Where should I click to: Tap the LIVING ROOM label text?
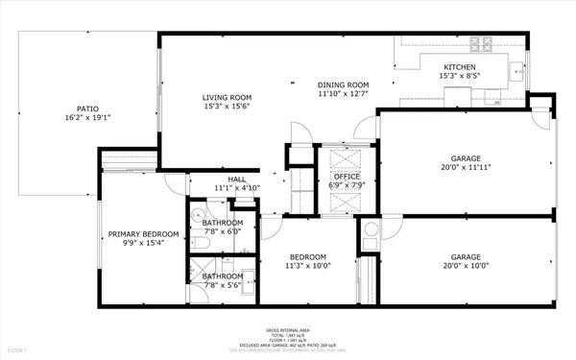pyautogui.click(x=227, y=97)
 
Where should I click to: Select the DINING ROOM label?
pyautogui.click(x=344, y=84)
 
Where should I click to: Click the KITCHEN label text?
pyautogui.click(x=460, y=66)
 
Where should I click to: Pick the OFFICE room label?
pyautogui.click(x=347, y=176)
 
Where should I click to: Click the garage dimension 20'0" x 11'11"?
pyautogui.click(x=465, y=167)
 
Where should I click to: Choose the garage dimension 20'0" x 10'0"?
pyautogui.click(x=465, y=266)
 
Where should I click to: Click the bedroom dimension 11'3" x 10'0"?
pyautogui.click(x=308, y=266)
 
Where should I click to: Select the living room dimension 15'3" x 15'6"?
pyautogui.click(x=227, y=107)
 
